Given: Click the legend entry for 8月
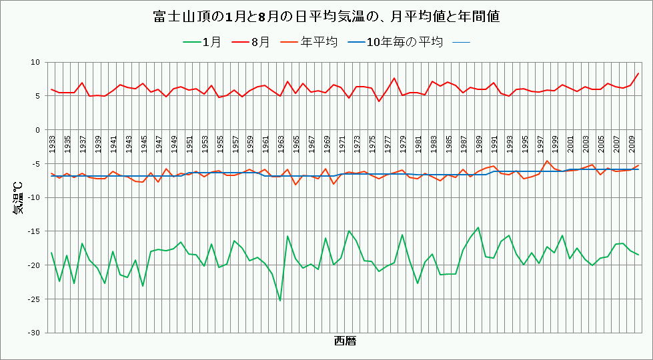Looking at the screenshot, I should (251, 42).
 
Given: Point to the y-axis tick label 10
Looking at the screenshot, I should (35, 62).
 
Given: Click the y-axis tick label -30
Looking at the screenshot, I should (33, 333).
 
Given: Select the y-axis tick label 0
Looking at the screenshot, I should (37, 130).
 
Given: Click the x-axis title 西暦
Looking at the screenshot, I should (344, 341).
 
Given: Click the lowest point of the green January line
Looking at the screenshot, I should (280, 301).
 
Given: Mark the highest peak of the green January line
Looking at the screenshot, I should (478, 227).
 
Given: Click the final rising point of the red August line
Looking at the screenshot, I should (638, 73).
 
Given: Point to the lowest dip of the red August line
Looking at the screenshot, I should (379, 101).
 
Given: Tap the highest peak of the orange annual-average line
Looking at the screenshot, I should (547, 161).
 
